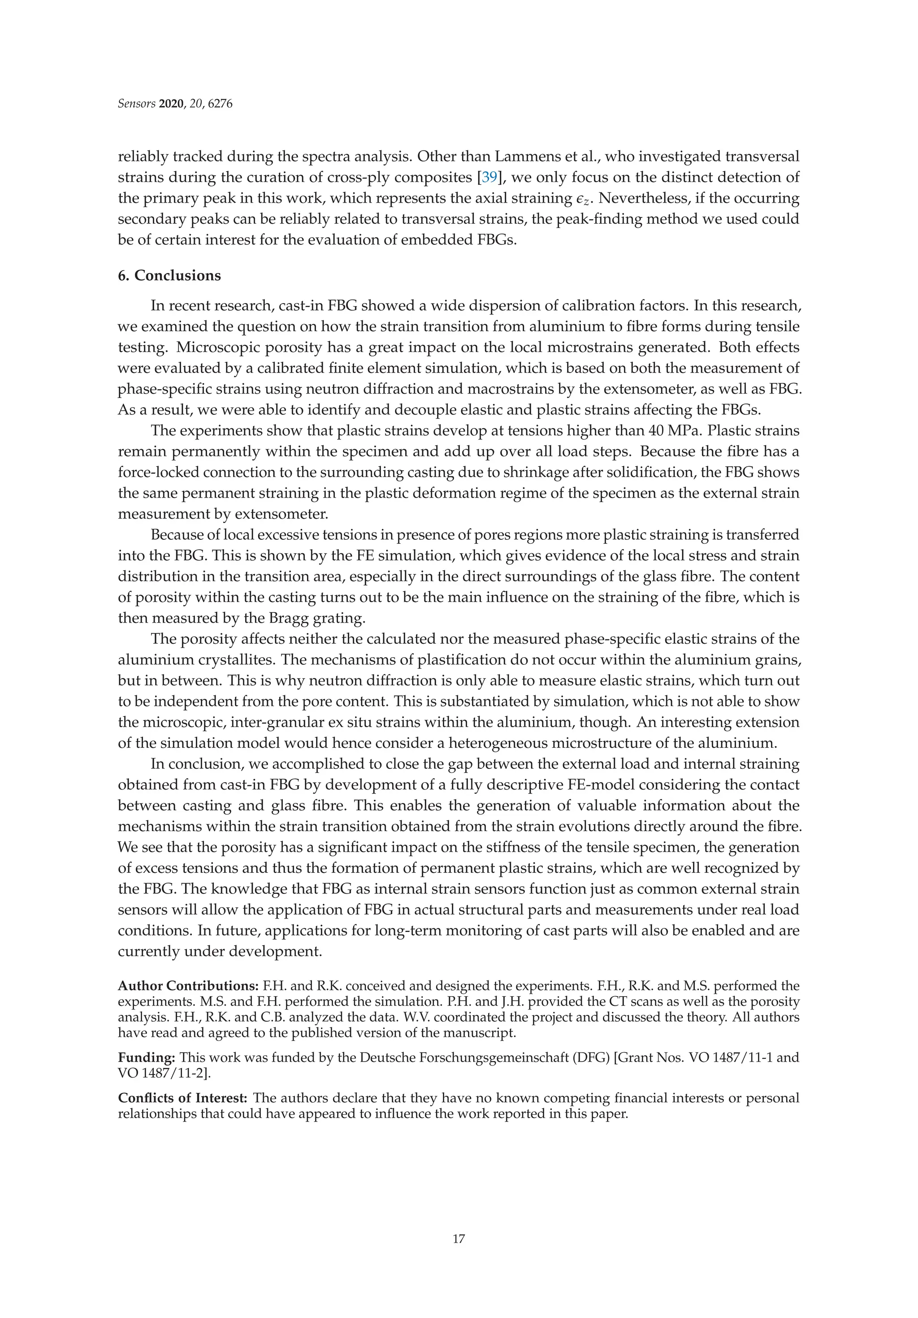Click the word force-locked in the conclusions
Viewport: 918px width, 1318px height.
157,473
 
